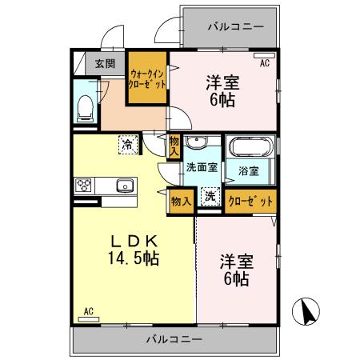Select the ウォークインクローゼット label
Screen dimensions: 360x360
(148, 78)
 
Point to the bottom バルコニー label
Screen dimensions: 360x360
(174, 339)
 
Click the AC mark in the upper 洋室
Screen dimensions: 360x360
(265, 62)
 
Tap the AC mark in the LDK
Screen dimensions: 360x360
(89, 311)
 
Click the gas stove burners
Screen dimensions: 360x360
(84, 186)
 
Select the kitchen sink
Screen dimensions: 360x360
(125, 186)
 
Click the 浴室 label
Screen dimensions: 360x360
(248, 170)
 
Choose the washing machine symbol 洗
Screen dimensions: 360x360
(209, 197)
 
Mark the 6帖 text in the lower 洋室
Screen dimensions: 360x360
(235, 279)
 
